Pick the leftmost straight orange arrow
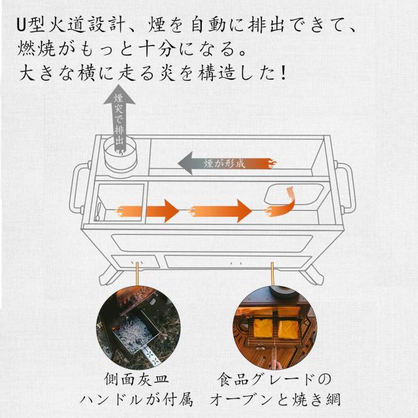[147, 211]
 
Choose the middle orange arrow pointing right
[221, 211]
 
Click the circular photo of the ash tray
[137, 327]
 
